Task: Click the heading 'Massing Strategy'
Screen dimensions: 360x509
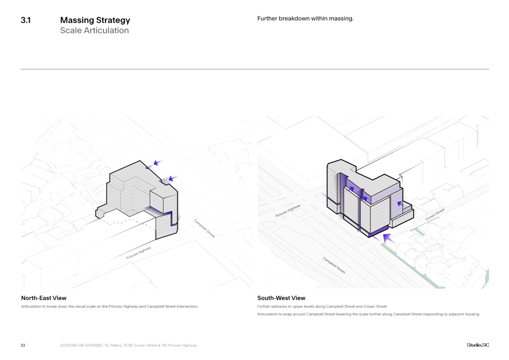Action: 95,20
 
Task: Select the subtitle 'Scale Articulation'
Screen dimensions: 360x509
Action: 94,30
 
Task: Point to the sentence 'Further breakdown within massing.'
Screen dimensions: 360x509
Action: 305,19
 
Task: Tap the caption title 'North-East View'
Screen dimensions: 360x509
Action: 44,298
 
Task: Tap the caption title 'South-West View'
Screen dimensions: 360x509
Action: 281,298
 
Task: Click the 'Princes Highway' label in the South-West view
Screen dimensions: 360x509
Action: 288,211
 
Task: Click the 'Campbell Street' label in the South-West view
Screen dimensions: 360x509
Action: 334,265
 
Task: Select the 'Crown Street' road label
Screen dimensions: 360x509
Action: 435,214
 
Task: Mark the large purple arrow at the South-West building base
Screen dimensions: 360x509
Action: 387,238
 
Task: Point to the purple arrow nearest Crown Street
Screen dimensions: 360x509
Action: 399,204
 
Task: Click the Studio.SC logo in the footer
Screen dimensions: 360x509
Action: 477,345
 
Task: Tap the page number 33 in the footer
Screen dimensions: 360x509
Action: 23,345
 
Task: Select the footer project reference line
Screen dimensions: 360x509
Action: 128,345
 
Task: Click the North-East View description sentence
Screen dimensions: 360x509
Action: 110,307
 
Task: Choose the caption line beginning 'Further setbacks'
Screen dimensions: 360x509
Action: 322,307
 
